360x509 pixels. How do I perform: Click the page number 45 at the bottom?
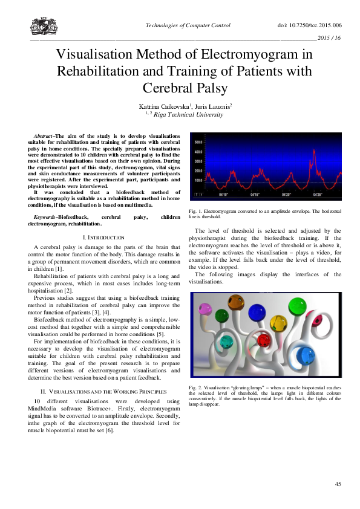point(338,484)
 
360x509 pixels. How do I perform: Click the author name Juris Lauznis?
point(205,106)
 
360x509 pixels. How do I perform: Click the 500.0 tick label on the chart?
point(198,142)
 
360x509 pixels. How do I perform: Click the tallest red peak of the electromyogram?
point(313,149)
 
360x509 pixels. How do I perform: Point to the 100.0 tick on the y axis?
point(198,180)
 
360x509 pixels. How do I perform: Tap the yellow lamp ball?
point(277,322)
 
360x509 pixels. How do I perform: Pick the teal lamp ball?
point(227,343)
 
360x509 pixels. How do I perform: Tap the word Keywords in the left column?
point(45,216)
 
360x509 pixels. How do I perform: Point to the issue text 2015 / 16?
point(329,38)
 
